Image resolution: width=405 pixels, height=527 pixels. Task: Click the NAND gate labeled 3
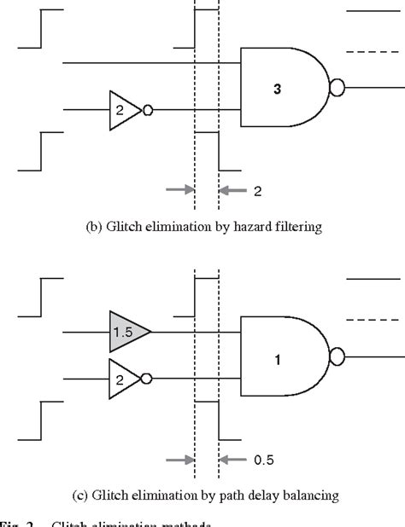[x=282, y=87]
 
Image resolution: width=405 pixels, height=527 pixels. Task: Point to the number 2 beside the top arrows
[x=257, y=191]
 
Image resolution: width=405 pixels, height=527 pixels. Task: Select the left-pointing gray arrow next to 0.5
[x=233, y=460]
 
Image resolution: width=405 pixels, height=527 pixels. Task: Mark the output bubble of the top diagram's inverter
[x=147, y=110]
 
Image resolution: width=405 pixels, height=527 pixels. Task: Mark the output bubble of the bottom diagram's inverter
[x=147, y=378]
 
